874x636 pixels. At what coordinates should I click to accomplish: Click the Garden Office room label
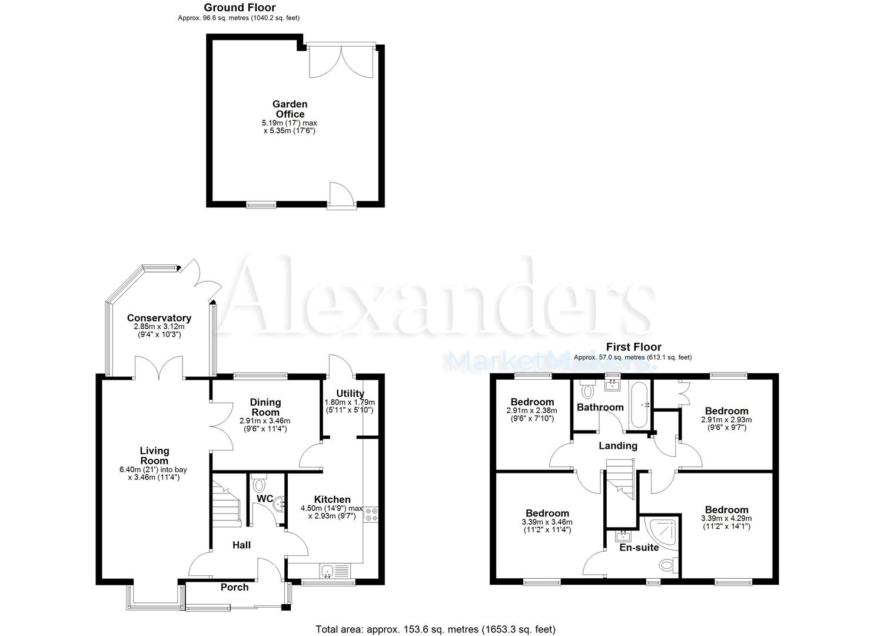point(290,109)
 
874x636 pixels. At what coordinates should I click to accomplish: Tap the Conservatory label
point(159,318)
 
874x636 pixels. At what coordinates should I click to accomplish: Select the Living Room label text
point(154,456)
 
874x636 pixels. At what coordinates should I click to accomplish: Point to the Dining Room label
point(265,407)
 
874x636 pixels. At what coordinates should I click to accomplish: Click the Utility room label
point(350,393)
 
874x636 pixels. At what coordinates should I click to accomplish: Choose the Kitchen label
point(332,499)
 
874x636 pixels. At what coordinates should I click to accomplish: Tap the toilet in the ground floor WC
point(259,485)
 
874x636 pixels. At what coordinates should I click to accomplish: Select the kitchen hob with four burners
point(371,514)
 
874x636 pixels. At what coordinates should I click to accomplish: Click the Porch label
point(234,587)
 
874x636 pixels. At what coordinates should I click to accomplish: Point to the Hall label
point(241,545)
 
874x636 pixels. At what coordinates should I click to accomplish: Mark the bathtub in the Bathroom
point(639,406)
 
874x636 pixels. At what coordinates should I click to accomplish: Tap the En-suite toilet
point(667,565)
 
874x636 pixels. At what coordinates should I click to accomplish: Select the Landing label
point(618,446)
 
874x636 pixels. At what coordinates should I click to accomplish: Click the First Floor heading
point(633,347)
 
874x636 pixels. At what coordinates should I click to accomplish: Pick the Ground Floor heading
point(240,8)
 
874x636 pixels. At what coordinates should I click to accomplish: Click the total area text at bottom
point(436,630)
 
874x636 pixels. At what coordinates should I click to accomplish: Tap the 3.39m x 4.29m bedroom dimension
point(726,518)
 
